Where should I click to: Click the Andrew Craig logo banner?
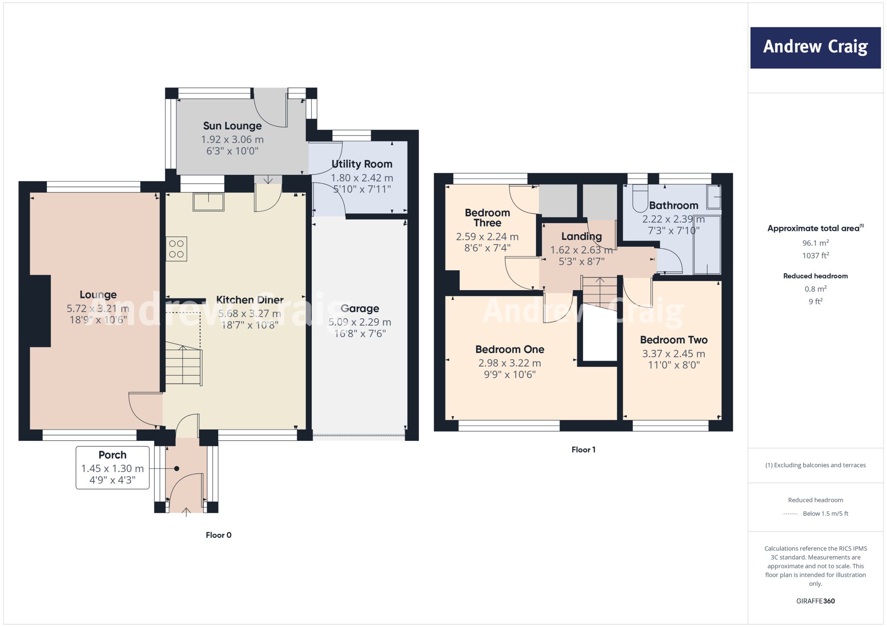815,48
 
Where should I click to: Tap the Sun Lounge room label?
233,126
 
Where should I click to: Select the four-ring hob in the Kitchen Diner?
176,249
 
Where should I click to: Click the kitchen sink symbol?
208,202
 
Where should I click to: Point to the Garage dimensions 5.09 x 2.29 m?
359,322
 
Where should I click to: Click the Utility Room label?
362,164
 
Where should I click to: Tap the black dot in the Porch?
177,469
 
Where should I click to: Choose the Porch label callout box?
113,468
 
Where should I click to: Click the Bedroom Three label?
487,218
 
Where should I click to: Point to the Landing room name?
581,236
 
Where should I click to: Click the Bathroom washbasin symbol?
714,197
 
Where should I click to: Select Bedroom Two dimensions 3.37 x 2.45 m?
673,354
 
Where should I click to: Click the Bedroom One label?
510,349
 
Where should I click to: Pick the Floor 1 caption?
583,450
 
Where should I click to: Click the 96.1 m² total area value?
815,243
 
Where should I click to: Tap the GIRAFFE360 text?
815,601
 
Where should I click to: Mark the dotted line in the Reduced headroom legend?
790,514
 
